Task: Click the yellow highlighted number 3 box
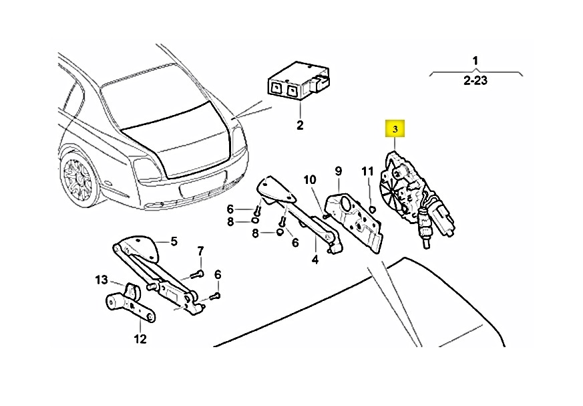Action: pyautogui.click(x=395, y=129)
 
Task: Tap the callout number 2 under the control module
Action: pyautogui.click(x=300, y=125)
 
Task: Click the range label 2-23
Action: pyautogui.click(x=475, y=80)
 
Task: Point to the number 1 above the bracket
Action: pyautogui.click(x=475, y=60)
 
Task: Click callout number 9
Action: pyautogui.click(x=338, y=171)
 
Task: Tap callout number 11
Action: pyautogui.click(x=367, y=171)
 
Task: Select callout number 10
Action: pyautogui.click(x=310, y=180)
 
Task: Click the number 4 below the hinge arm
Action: pyautogui.click(x=315, y=260)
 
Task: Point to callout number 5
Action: pyautogui.click(x=174, y=241)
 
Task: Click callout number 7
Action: pyautogui.click(x=200, y=251)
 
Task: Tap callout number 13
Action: pyautogui.click(x=102, y=280)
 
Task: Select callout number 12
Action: pyautogui.click(x=140, y=339)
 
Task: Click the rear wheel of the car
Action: pyautogui.click(x=79, y=179)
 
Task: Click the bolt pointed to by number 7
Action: pyautogui.click(x=197, y=275)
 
